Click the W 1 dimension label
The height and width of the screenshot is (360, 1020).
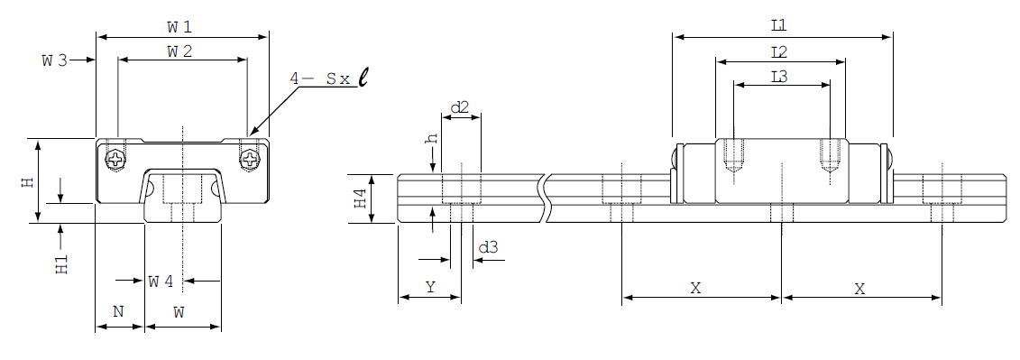tap(179, 27)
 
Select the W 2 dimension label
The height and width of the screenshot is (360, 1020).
tap(179, 52)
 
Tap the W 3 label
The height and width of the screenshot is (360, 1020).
tap(55, 60)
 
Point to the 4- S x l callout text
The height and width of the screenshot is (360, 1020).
tap(328, 78)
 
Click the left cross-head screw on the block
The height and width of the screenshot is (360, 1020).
tap(116, 158)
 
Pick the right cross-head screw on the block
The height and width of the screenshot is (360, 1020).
tap(249, 158)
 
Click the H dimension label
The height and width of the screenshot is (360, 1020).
tap(27, 181)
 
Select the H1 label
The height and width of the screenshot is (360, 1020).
tap(62, 264)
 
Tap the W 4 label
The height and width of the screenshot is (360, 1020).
tap(161, 282)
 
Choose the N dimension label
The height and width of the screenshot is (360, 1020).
tap(118, 312)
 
